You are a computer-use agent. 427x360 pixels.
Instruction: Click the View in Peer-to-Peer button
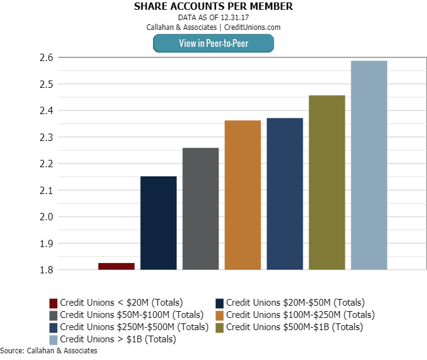(x=213, y=43)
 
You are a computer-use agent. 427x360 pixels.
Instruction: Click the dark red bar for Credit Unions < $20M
(x=117, y=266)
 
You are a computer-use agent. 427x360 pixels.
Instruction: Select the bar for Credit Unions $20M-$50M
(x=159, y=223)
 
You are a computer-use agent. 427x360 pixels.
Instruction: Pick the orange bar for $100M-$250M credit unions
(x=243, y=195)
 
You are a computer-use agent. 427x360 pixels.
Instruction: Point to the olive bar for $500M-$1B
(x=327, y=182)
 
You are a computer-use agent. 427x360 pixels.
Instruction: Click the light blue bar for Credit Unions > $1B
(x=369, y=165)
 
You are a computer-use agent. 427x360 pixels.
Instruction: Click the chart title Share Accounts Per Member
(x=213, y=7)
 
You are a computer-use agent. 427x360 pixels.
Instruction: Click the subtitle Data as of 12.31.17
(x=213, y=18)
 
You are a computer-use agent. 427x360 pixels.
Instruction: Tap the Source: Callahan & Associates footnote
(x=49, y=351)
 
